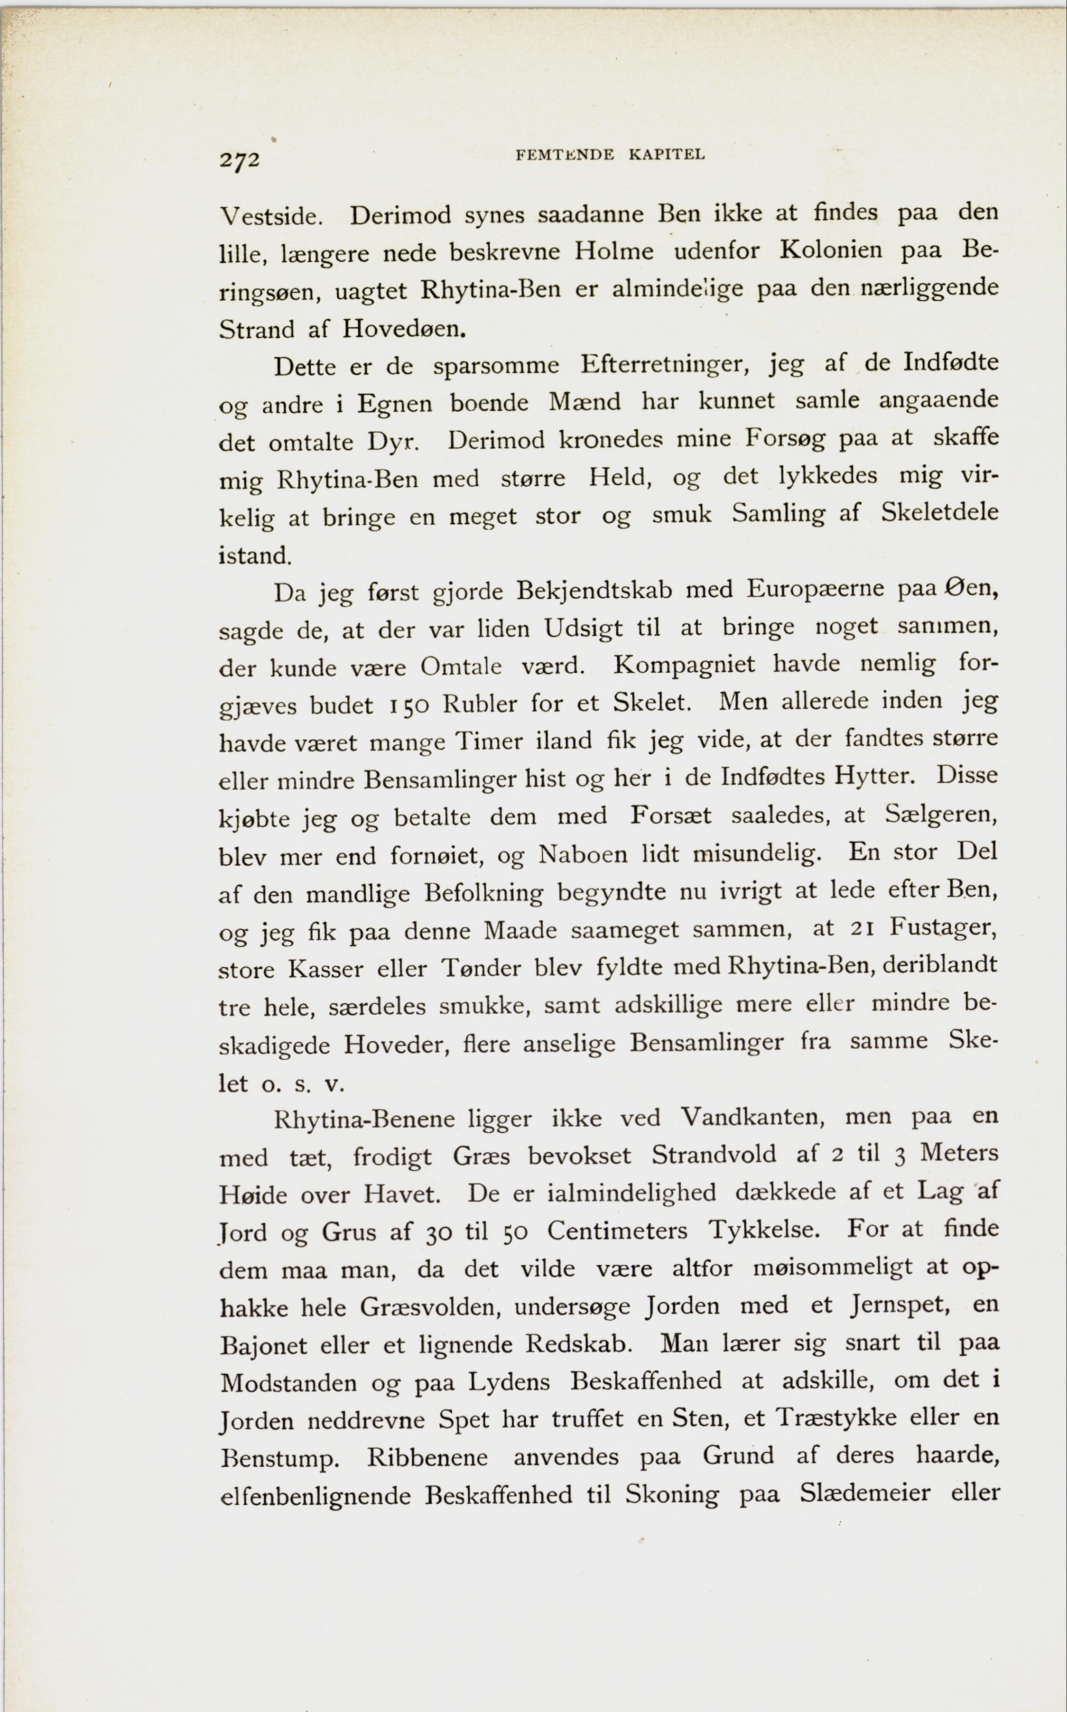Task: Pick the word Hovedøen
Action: [x=404, y=328]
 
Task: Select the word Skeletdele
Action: [x=939, y=511]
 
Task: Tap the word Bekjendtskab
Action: [x=594, y=590]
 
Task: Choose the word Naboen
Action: [x=583, y=854]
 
